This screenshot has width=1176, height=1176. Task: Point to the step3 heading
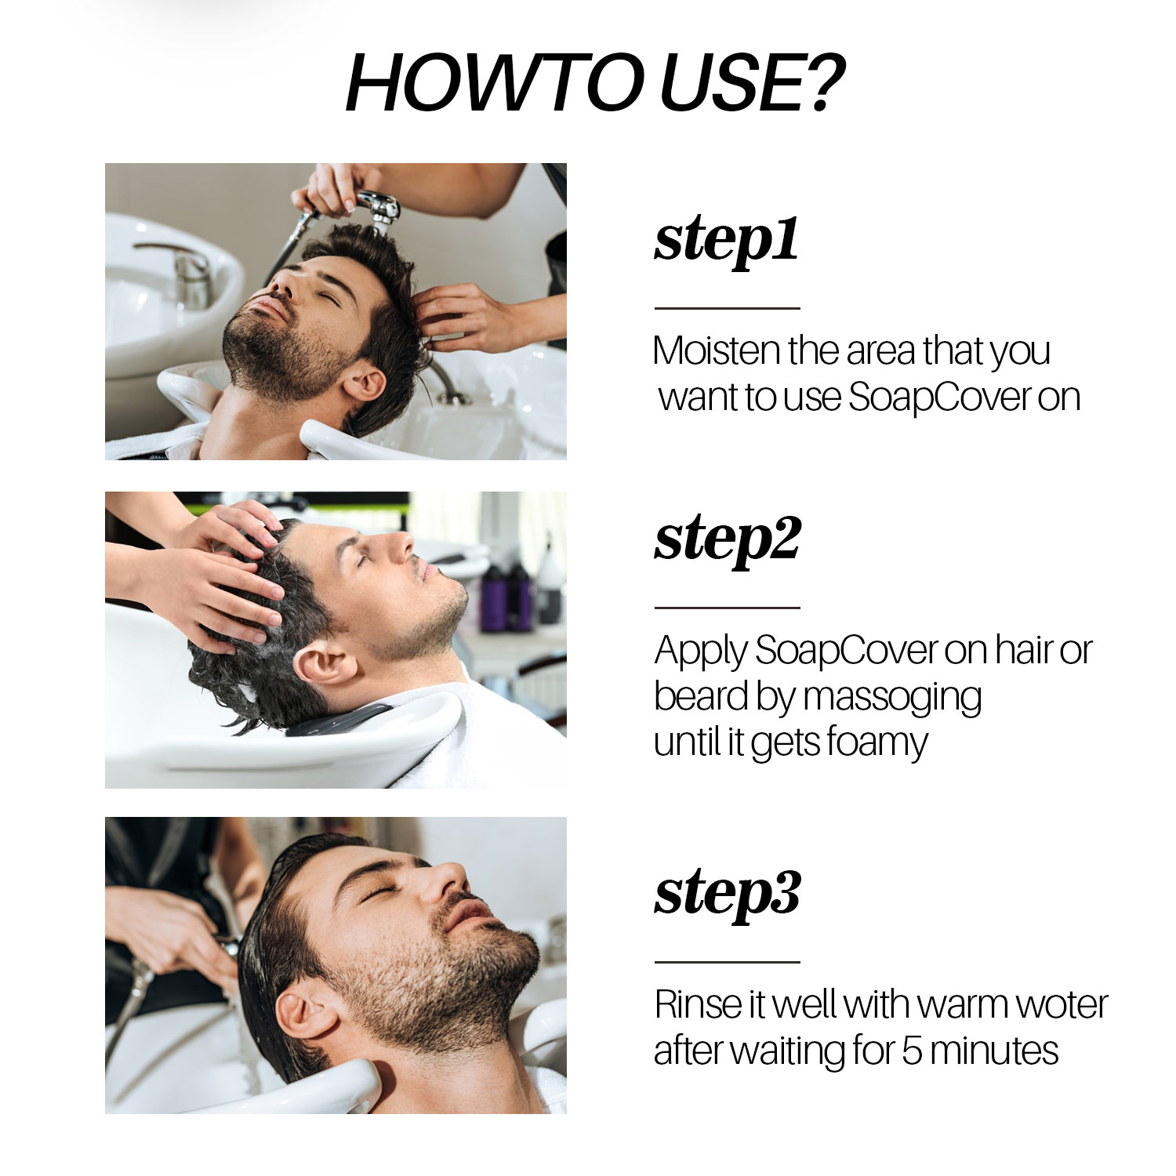pos(727,893)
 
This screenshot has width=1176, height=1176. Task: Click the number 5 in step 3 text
pos(911,1051)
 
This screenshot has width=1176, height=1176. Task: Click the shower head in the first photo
pos(380,207)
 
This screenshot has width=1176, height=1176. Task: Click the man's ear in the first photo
pos(364,383)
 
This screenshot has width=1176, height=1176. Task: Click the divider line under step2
pos(727,608)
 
